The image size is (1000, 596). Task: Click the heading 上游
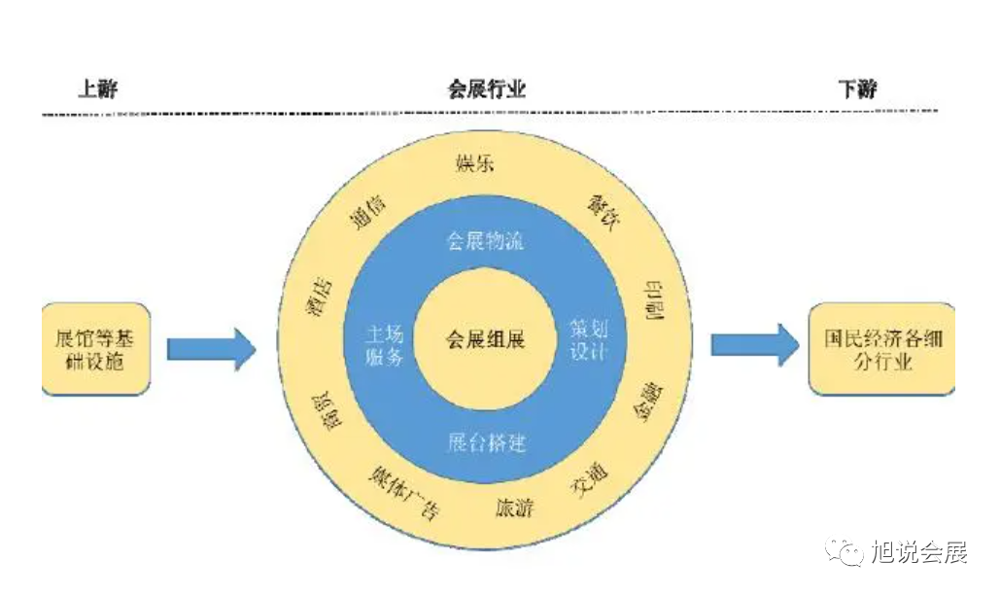97,89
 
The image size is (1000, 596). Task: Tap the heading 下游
857,89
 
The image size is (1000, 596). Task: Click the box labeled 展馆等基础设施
96,349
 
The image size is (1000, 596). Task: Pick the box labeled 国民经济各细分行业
881,349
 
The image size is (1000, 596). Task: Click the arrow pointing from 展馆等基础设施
210,347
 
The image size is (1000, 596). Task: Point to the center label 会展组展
486,341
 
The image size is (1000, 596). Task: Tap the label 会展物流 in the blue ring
486,240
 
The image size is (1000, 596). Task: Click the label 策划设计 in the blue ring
589,339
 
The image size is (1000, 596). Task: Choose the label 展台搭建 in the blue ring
486,443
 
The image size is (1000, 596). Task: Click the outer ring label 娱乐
475,162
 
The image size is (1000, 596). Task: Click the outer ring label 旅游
514,508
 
